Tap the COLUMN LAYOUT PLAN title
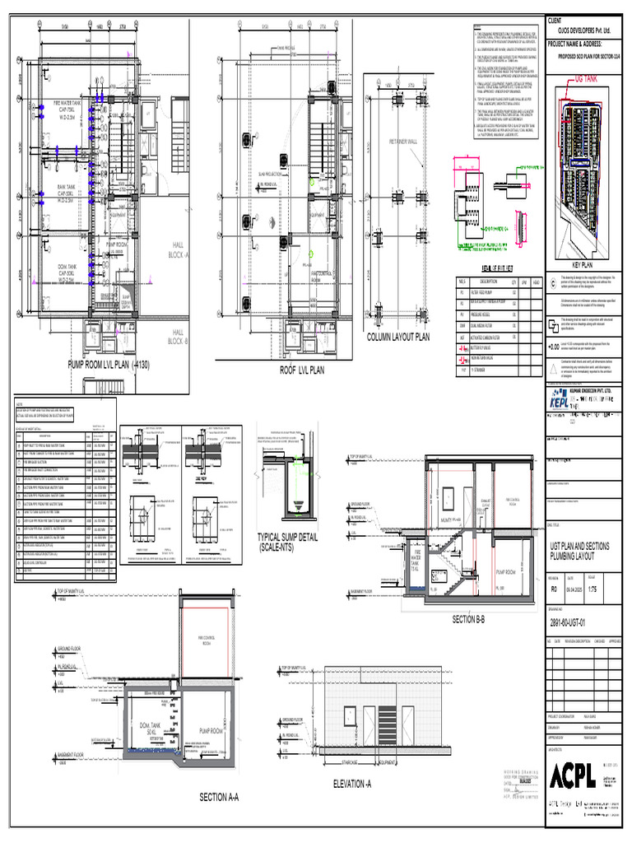(397, 338)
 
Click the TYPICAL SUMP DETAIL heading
(289, 543)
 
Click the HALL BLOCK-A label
(180, 250)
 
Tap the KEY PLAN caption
(588, 266)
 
